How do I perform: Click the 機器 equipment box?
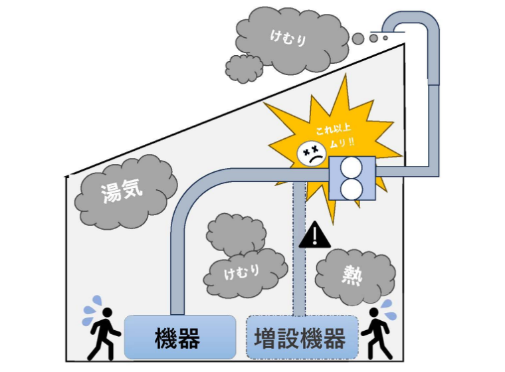click(x=180, y=337)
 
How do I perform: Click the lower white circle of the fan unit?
click(x=353, y=189)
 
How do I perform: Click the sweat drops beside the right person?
click(x=387, y=308)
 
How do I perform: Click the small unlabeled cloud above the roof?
click(x=245, y=68)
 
